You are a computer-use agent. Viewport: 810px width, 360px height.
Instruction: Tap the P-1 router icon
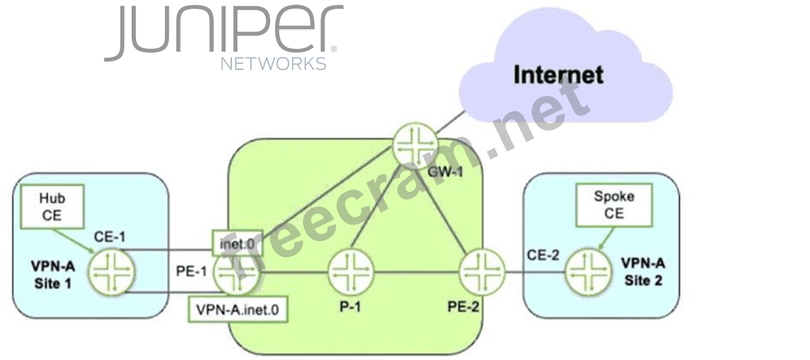point(352,273)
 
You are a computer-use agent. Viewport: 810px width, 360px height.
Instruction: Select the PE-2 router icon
point(482,272)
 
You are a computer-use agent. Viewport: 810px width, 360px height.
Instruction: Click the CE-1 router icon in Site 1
point(112,272)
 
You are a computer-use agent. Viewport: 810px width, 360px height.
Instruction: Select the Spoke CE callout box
point(614,205)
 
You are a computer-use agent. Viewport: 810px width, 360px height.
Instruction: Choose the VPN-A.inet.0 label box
point(239,310)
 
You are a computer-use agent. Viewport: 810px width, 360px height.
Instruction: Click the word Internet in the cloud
point(558,75)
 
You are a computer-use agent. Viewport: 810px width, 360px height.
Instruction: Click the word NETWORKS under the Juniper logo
point(273,64)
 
